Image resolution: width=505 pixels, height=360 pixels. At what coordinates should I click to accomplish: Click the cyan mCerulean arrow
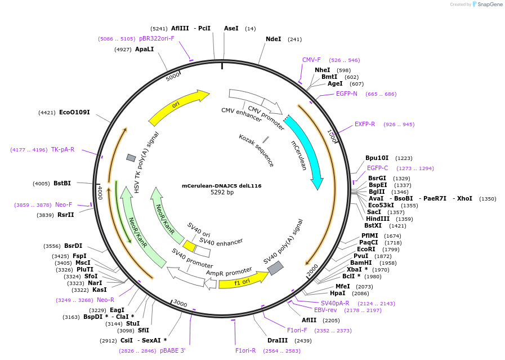[x=307, y=152]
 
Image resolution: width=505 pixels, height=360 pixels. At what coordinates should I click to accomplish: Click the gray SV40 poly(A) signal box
[x=275, y=268]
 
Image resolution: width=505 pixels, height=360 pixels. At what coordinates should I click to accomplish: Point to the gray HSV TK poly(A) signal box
[x=131, y=158]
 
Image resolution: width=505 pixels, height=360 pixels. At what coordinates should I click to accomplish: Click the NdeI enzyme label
[x=273, y=39]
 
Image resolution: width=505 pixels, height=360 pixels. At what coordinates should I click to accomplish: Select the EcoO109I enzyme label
[x=74, y=113]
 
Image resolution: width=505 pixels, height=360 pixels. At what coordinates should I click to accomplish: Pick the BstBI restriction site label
[x=62, y=183]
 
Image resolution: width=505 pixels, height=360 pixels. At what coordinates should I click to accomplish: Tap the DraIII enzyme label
[x=278, y=340]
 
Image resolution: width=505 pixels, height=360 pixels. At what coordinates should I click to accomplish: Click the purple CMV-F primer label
[x=311, y=60]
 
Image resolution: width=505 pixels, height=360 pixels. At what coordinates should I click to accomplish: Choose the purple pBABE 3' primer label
[x=172, y=350]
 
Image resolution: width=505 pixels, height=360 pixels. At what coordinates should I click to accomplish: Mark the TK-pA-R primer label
[x=62, y=149]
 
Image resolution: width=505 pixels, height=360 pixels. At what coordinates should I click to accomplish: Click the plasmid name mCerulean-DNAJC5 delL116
[x=221, y=186]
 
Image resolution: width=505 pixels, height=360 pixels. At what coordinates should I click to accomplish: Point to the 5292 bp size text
[x=222, y=193]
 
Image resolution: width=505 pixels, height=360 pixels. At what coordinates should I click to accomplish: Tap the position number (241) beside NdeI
[x=294, y=39]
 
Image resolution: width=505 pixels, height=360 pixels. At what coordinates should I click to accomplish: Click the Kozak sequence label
[x=256, y=150]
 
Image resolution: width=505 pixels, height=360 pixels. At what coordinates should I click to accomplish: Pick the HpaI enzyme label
[x=338, y=293]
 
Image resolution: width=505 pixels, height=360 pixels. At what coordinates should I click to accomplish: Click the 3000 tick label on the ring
[x=180, y=304]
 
